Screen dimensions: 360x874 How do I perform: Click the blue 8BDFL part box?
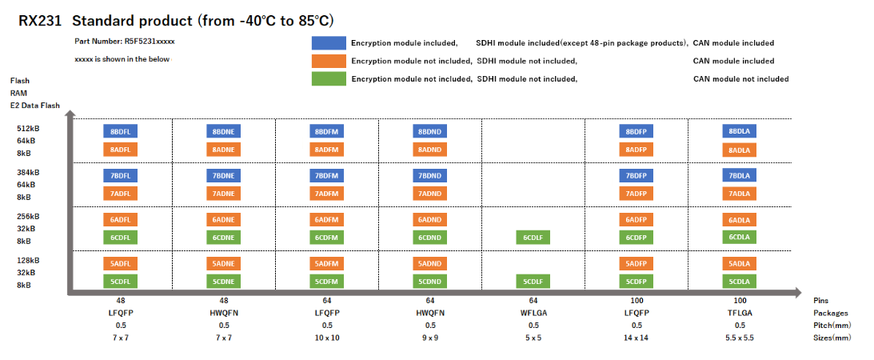pyautogui.click(x=121, y=130)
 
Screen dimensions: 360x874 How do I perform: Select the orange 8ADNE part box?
pyautogui.click(x=224, y=149)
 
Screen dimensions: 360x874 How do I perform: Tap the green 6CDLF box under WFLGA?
pyautogui.click(x=533, y=237)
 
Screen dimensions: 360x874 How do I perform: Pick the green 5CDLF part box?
pyautogui.click(x=533, y=281)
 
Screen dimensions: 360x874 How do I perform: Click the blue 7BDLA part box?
pyautogui.click(x=740, y=175)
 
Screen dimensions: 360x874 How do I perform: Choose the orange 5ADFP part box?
pyautogui.click(x=637, y=263)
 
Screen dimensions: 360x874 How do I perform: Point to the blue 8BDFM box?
pyautogui.click(x=327, y=130)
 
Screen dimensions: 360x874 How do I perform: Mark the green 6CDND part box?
pyautogui.click(x=430, y=237)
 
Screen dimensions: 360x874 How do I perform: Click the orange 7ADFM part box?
pyautogui.click(x=327, y=193)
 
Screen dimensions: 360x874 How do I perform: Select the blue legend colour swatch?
pyautogui.click(x=329, y=42)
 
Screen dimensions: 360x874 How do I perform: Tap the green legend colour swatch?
pyautogui.click(x=329, y=78)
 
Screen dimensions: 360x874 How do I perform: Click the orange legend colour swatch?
pyautogui.click(x=329, y=60)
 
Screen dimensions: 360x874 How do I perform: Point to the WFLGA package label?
pyautogui.click(x=533, y=313)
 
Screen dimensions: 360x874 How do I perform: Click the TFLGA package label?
pyautogui.click(x=740, y=313)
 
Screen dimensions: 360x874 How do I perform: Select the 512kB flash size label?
pyautogui.click(x=29, y=128)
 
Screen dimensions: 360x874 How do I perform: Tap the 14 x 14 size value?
pyautogui.click(x=637, y=337)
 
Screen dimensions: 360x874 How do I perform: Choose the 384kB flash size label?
pyautogui.click(x=29, y=172)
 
